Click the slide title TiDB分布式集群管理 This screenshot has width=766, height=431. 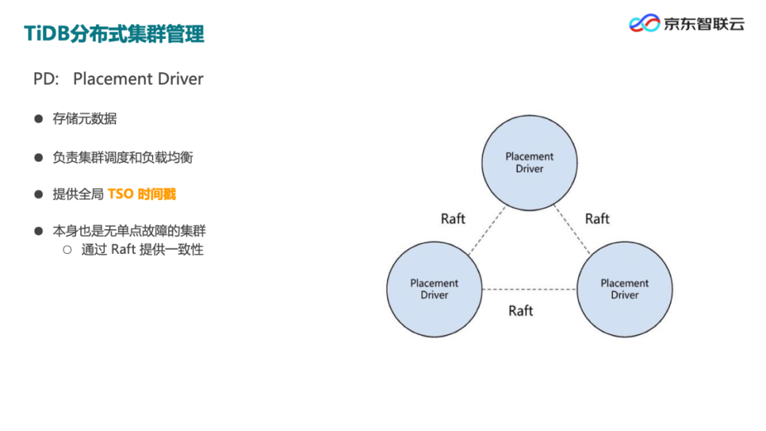coord(114,33)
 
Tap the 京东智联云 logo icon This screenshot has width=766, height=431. coord(644,23)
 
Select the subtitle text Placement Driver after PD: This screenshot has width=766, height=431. coord(138,79)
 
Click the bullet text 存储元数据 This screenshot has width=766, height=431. coord(84,118)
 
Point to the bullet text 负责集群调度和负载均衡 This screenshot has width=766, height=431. coord(123,157)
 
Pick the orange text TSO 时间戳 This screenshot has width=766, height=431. coord(142,194)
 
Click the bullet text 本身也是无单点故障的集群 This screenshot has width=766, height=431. coord(129,231)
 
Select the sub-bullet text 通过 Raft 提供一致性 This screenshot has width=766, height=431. coord(143,250)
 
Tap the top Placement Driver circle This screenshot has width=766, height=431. coord(529,162)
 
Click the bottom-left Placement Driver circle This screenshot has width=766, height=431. coord(434,289)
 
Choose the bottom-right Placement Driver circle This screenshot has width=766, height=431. coord(624,289)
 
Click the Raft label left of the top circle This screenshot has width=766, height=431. coord(453,218)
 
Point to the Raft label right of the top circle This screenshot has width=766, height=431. coord(597,218)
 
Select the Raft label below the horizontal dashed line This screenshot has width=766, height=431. coord(521,310)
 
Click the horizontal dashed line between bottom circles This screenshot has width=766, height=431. coord(529,289)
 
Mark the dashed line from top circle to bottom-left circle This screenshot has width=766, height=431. coord(487,230)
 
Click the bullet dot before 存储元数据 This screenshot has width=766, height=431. coord(39,118)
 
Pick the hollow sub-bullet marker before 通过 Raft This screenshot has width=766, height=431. coord(67,250)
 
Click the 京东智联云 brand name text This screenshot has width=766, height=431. coord(704,23)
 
